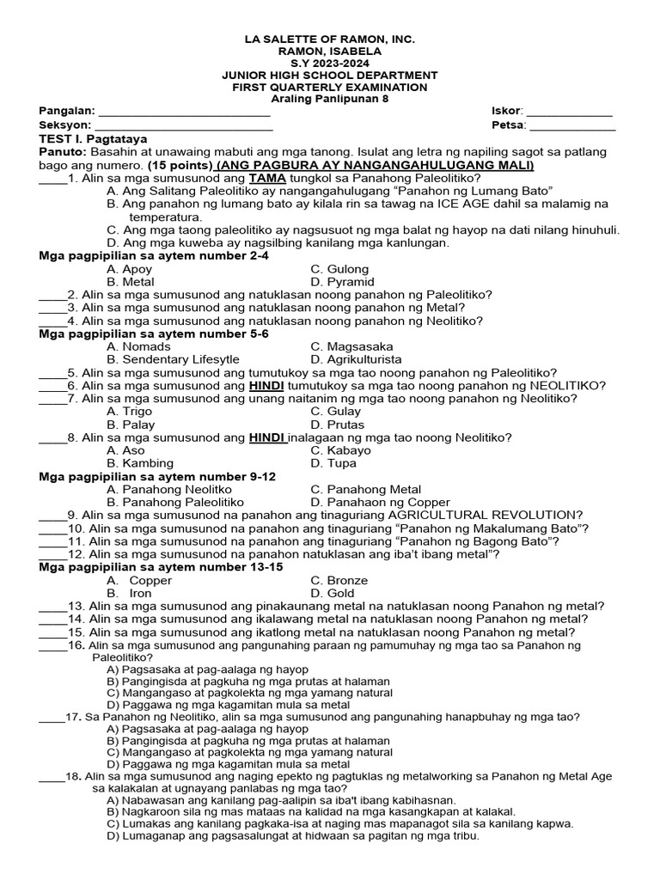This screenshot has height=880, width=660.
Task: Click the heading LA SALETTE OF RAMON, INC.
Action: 330,40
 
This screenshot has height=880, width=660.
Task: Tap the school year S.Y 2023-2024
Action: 330,64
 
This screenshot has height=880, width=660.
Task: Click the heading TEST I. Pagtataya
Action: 94,138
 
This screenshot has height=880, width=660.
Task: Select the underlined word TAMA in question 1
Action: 266,178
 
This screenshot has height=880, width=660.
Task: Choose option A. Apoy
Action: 130,269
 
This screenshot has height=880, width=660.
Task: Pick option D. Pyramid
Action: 342,282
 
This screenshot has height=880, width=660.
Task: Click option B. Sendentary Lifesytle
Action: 173,359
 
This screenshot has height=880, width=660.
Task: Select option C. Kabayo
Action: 341,450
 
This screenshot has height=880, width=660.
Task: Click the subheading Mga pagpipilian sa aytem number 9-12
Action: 158,476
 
